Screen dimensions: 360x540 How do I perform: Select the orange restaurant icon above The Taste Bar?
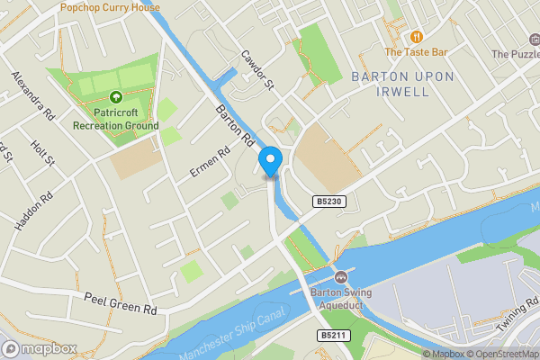click(x=417, y=37)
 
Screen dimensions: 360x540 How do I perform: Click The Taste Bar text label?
click(x=417, y=53)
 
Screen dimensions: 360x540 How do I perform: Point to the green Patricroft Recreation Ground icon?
click(x=115, y=97)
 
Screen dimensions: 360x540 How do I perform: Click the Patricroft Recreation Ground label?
click(x=115, y=119)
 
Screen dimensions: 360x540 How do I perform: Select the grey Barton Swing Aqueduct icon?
click(x=341, y=276)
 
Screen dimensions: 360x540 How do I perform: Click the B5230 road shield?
click(x=329, y=202)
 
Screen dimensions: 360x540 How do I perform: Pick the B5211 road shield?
click(x=332, y=336)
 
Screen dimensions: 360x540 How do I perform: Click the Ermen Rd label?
click(x=205, y=160)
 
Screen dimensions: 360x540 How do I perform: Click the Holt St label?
click(x=42, y=152)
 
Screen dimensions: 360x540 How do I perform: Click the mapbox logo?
click(x=40, y=348)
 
